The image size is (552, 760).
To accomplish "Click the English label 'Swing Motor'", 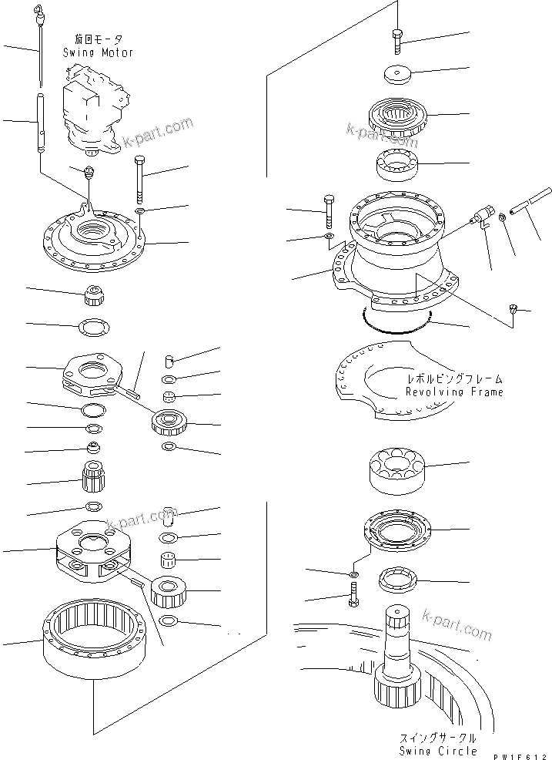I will [x=98, y=52].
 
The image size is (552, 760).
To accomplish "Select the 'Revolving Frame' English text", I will [x=454, y=392].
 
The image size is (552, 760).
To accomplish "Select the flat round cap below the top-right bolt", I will [x=398, y=75].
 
